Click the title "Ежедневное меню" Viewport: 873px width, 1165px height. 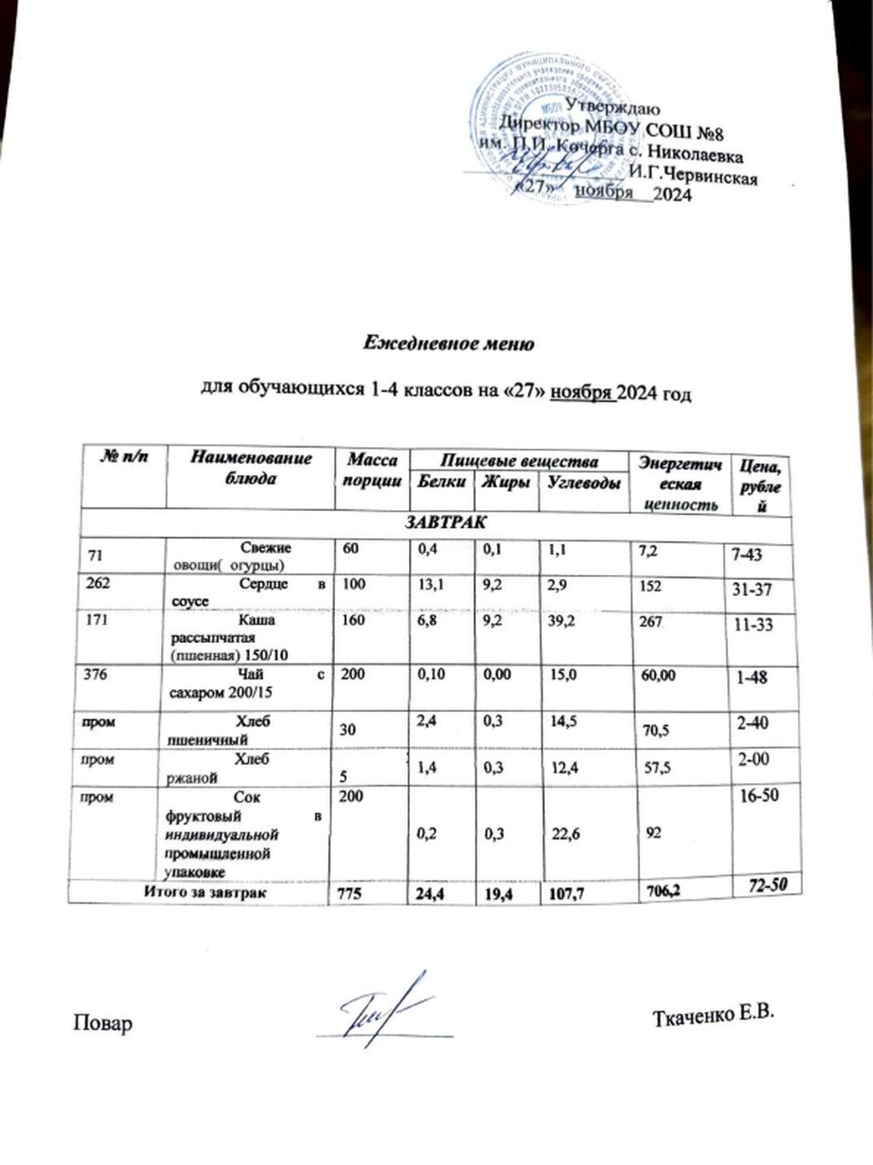(x=448, y=344)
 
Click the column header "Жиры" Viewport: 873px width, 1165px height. (x=506, y=482)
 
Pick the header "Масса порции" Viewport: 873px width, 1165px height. (x=372, y=470)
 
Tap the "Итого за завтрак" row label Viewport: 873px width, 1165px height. (x=204, y=893)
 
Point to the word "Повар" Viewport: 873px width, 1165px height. (x=103, y=1023)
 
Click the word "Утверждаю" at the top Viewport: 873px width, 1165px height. (x=612, y=107)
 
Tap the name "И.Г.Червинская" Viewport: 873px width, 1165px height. (x=691, y=176)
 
